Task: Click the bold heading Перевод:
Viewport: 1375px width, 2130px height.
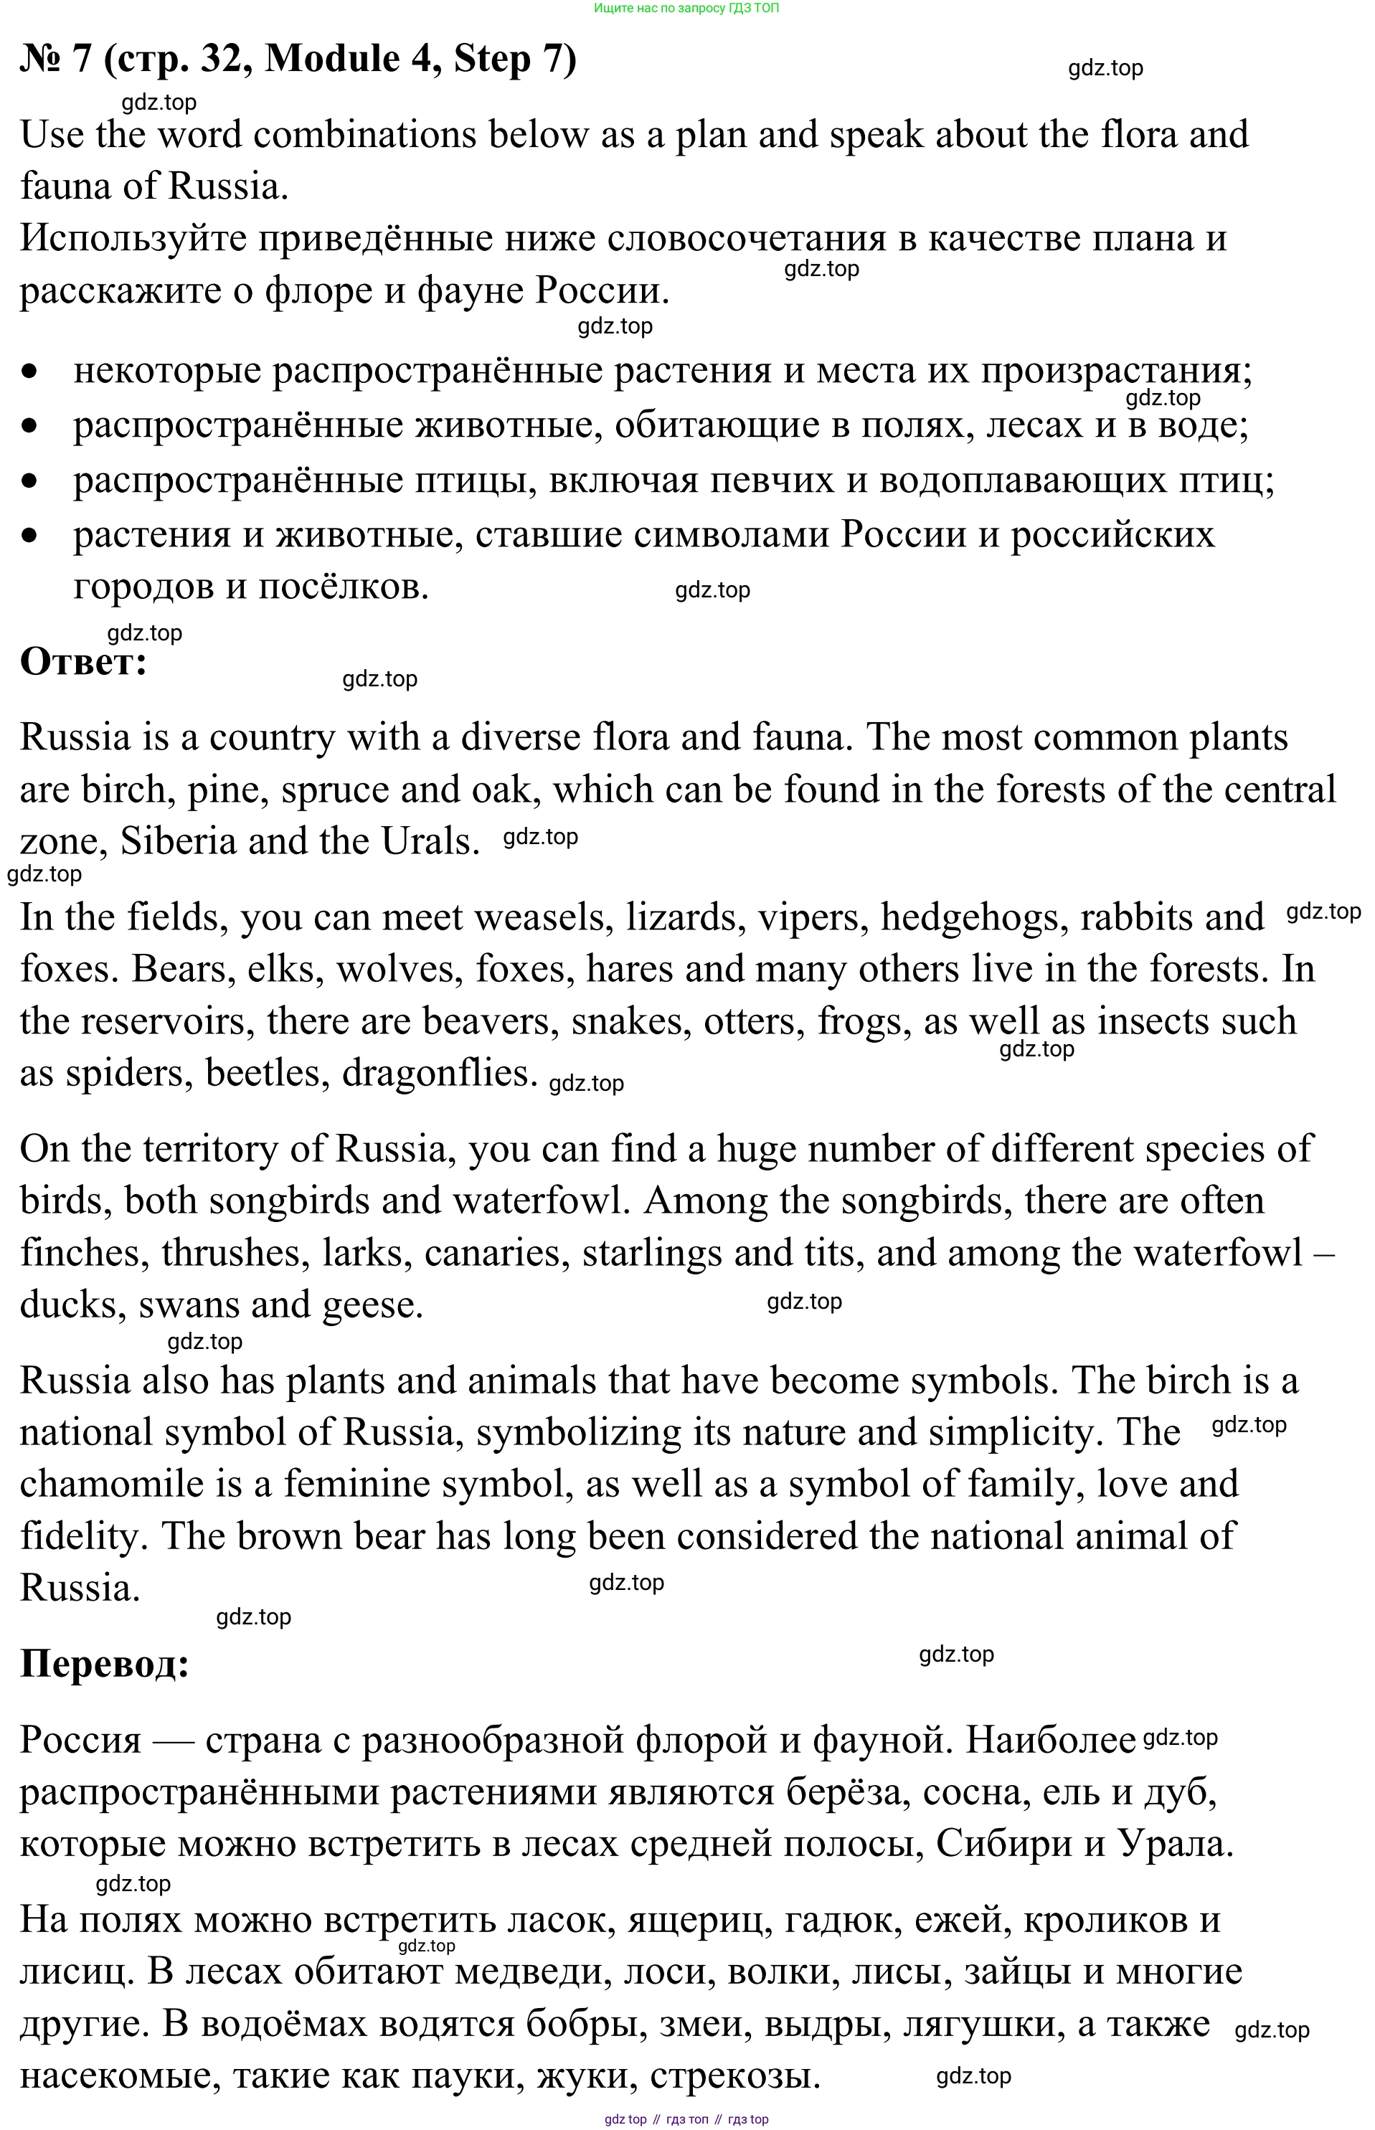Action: (105, 1663)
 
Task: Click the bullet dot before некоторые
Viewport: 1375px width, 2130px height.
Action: (32, 371)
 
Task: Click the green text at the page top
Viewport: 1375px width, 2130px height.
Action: (686, 8)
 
